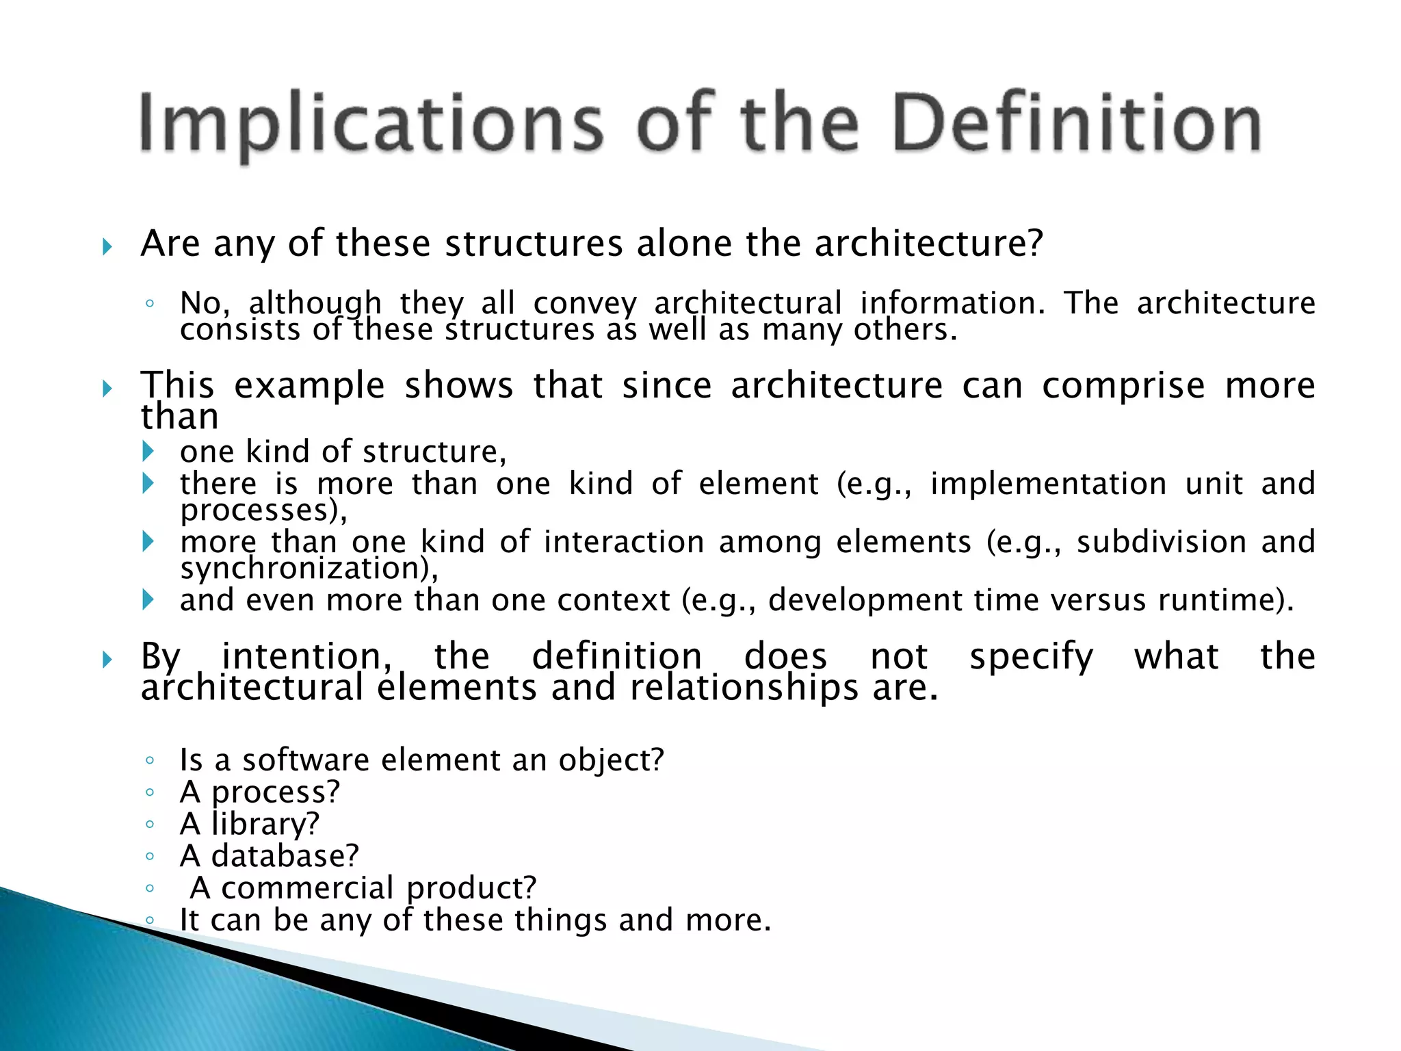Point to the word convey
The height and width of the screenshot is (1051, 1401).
585,303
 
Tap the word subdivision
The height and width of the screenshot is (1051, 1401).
1161,542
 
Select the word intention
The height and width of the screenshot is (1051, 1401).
306,656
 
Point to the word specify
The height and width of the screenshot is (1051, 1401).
1031,658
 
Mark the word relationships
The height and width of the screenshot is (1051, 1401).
744,688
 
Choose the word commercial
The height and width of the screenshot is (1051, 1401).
307,888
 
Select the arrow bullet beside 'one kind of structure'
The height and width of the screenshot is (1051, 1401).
148,451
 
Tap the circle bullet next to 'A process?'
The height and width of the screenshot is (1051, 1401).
150,792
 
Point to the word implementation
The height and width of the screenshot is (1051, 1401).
1048,484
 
